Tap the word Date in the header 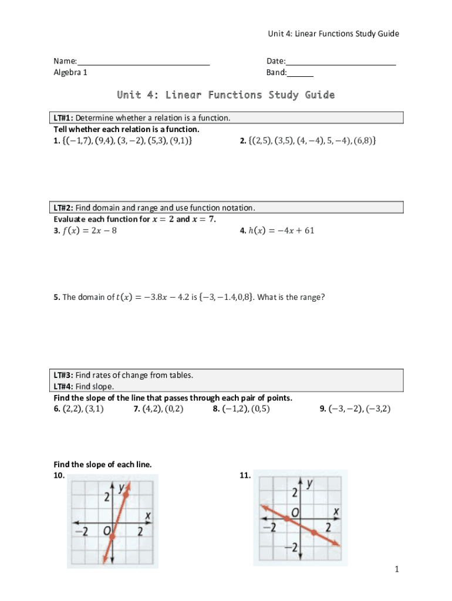[275, 61]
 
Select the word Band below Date [276, 73]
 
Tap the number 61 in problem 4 [309, 230]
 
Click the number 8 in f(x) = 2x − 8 [114, 231]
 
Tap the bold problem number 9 [323, 409]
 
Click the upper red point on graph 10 [125, 495]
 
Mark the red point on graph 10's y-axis [112, 535]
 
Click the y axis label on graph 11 [309, 483]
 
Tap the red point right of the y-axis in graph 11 [314, 532]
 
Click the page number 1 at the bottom [397, 569]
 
